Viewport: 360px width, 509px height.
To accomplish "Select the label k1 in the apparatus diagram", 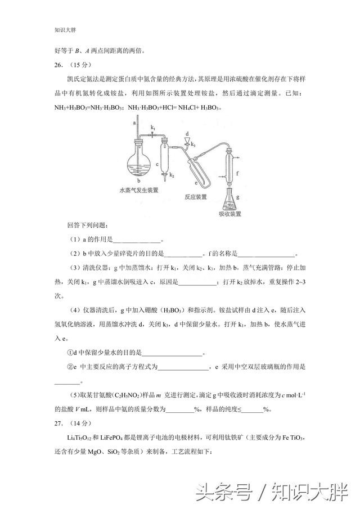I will pyautogui.click(x=154, y=129).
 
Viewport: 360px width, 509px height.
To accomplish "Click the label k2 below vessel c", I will pyautogui.click(x=172, y=176).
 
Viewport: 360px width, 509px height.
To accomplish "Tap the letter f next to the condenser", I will pyautogui.click(x=238, y=174).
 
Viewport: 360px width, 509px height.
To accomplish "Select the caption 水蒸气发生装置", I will pyautogui.click(x=138, y=190).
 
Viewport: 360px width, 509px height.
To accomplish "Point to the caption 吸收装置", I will pyautogui.click(x=230, y=214).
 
